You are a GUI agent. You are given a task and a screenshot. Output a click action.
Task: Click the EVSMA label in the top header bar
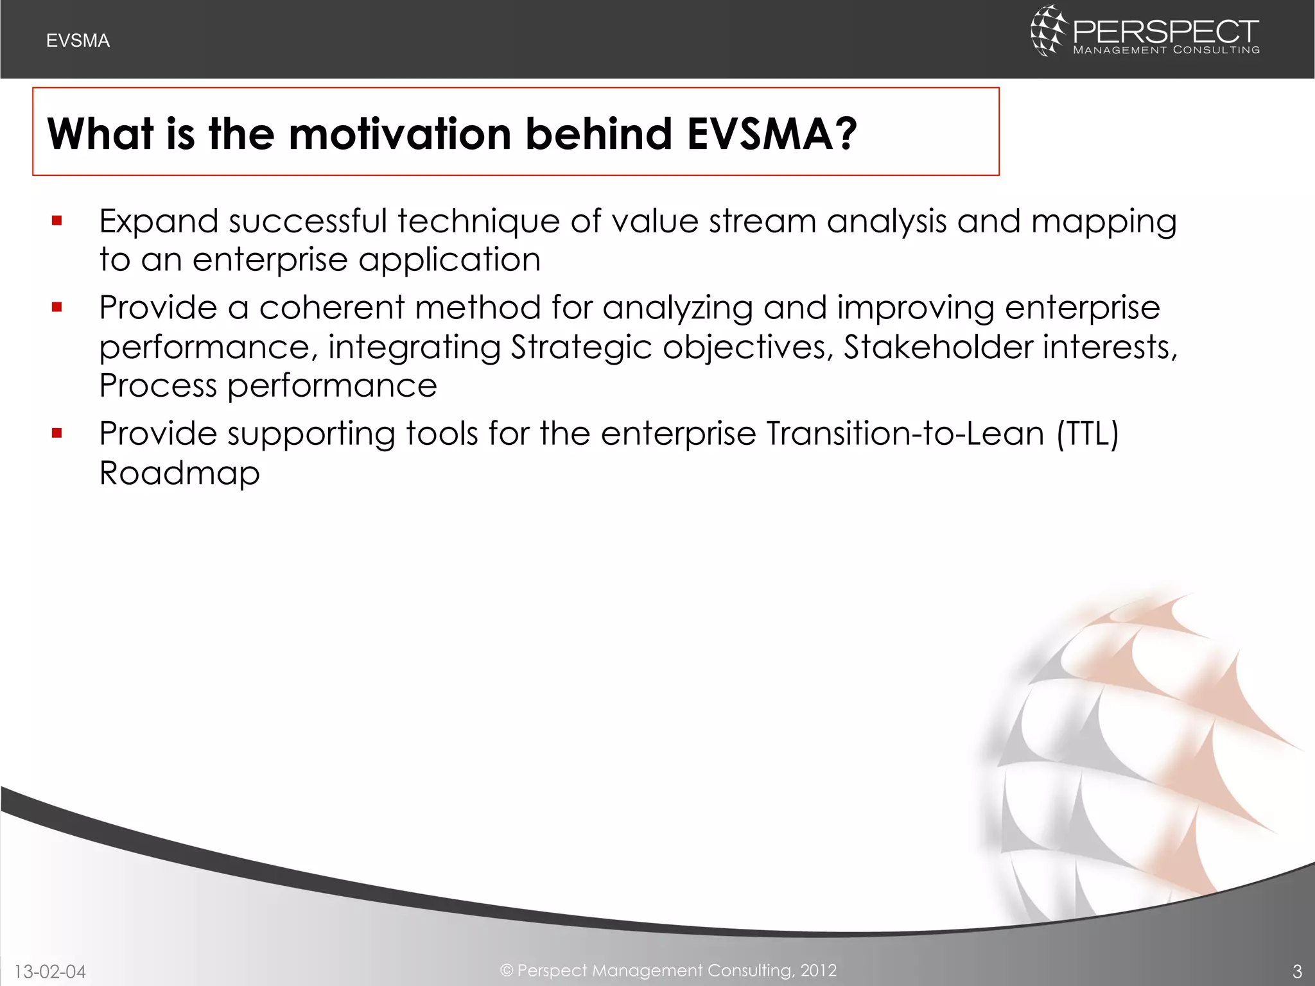tap(78, 40)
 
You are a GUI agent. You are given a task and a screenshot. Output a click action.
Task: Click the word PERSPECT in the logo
tap(1165, 31)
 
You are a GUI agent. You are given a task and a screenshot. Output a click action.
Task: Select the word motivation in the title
tap(399, 134)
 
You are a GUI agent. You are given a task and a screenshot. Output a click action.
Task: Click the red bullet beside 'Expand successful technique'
tap(57, 221)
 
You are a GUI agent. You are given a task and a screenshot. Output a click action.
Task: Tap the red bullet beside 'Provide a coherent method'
tap(57, 307)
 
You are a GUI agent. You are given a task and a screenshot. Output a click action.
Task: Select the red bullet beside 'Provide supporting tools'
tap(57, 433)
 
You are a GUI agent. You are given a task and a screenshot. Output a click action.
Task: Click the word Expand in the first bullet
tap(159, 221)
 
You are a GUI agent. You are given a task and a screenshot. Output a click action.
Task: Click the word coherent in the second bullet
tap(331, 307)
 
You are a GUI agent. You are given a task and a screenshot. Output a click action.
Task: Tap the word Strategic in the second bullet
tap(580, 348)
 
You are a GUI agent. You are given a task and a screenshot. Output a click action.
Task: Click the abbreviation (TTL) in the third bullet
tap(1088, 433)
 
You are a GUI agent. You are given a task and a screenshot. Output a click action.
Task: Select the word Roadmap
tap(179, 474)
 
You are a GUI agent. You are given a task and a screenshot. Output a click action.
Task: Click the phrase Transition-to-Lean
tap(905, 433)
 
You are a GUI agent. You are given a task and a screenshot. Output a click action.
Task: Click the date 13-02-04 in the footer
tap(50, 971)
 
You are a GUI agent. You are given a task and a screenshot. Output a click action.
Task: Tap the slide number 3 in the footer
tap(1296, 971)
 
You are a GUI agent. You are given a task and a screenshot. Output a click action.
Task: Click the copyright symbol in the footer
tap(507, 970)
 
